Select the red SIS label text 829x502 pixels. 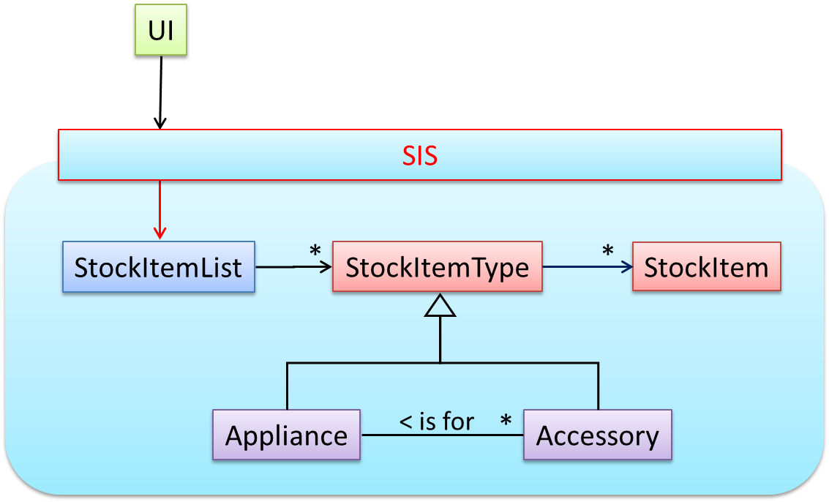420,155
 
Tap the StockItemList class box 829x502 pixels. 158,267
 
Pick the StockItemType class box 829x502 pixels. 438,266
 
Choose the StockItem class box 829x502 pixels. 706,266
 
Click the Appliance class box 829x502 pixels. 286,435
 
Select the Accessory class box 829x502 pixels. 597,435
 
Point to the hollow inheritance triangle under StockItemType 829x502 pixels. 440,305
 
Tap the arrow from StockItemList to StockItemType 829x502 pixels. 293,267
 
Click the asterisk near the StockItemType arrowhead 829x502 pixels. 315,251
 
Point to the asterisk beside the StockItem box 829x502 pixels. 607,251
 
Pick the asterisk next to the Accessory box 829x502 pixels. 506,422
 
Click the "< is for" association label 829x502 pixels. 437,422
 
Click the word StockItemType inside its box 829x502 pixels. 438,267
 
